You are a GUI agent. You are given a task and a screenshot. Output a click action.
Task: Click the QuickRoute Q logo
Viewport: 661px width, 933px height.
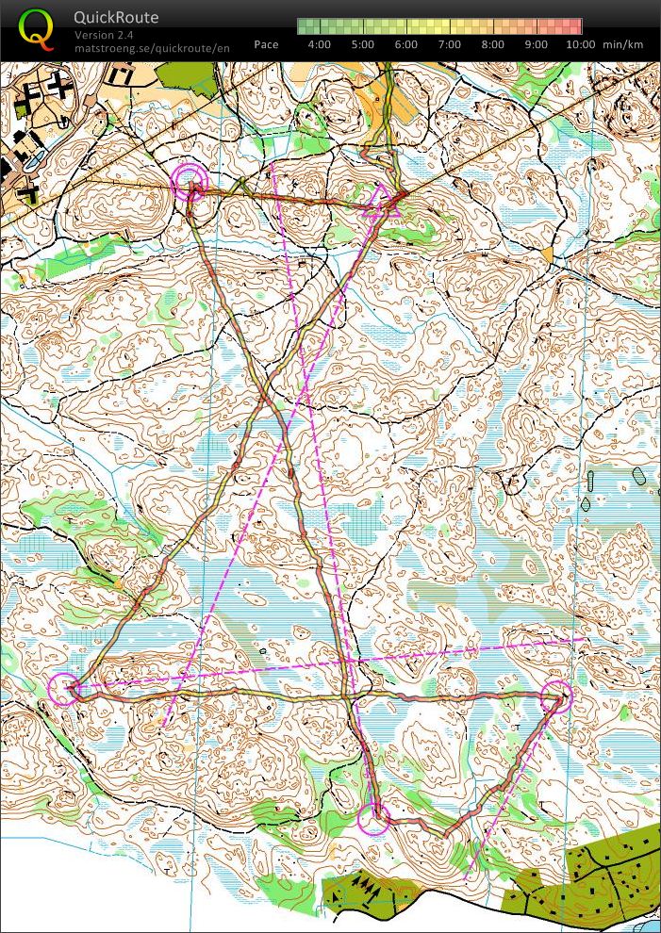pos(36,29)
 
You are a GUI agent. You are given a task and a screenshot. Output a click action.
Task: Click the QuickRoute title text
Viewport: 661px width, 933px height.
pos(116,18)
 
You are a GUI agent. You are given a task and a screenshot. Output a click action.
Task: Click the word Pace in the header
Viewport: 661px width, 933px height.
pos(266,44)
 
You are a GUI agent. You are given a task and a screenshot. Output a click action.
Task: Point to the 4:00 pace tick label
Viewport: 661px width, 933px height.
pos(319,44)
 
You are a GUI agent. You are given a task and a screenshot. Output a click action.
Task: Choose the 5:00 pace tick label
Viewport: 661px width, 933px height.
pos(363,44)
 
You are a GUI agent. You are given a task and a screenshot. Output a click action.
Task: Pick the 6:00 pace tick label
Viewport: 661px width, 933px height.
pos(406,44)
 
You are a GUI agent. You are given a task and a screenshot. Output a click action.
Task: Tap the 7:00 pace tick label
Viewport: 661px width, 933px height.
pos(450,44)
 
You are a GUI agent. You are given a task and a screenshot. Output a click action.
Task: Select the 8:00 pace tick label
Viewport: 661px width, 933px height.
pos(494,44)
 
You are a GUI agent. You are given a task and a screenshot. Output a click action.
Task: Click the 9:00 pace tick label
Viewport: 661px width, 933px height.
pos(537,44)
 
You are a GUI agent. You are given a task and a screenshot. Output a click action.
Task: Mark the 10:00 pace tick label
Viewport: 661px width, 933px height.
pos(581,44)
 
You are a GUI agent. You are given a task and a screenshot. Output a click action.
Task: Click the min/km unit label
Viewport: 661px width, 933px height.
pos(624,44)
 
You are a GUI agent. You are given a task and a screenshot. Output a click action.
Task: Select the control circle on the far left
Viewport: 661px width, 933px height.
pos(65,689)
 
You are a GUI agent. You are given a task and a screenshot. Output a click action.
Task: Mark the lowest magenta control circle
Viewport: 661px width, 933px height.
pos(374,819)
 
